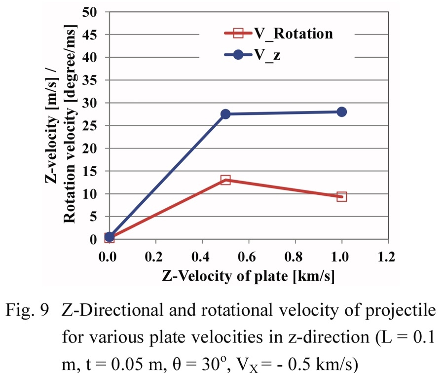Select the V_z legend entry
(x=267, y=55)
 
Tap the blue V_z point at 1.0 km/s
(x=341, y=112)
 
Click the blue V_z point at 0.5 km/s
(x=225, y=114)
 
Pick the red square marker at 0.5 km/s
(x=225, y=180)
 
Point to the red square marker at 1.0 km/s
(x=341, y=196)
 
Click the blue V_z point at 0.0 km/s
(x=110, y=237)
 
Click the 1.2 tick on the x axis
(x=388, y=257)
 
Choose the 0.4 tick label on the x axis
(x=202, y=257)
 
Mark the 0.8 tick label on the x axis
(x=295, y=257)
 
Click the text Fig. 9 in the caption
(x=32, y=312)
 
